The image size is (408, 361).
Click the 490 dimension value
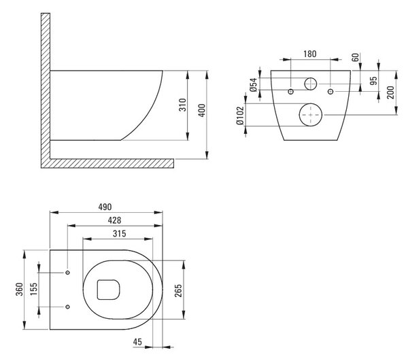pyautogui.click(x=105, y=207)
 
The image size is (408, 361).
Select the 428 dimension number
pyautogui.click(x=114, y=220)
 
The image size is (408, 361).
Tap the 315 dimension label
pyautogui.click(x=120, y=234)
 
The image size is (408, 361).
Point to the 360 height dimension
pyautogui.click(x=20, y=289)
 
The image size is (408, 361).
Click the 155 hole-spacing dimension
pyautogui.click(x=34, y=289)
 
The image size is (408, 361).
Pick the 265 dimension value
pyautogui.click(x=178, y=291)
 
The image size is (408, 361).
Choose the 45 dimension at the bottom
pyautogui.click(x=137, y=342)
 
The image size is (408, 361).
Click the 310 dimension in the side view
pyautogui.click(x=183, y=105)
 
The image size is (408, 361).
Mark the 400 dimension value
pyautogui.click(x=202, y=110)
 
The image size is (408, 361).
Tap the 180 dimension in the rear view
pyautogui.click(x=310, y=54)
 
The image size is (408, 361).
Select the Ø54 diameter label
pyautogui.click(x=254, y=84)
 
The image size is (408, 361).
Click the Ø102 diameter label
pyautogui.click(x=240, y=116)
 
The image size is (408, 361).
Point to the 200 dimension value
pyautogui.click(x=390, y=92)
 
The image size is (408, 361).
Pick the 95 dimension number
pyautogui.click(x=373, y=81)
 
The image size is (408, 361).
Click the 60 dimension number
pyautogui.click(x=355, y=57)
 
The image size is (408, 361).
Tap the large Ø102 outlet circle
pyautogui.click(x=311, y=115)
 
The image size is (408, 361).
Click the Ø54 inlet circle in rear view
pyautogui.click(x=311, y=84)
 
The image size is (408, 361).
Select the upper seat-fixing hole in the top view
pyautogui.click(x=67, y=273)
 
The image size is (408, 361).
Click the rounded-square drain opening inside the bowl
pyautogui.click(x=109, y=290)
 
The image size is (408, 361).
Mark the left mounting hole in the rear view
pyautogui.click(x=291, y=92)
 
